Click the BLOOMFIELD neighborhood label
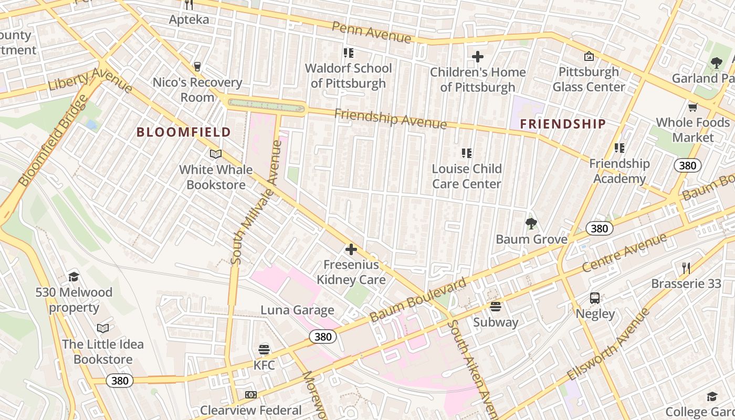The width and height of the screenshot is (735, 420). click(184, 132)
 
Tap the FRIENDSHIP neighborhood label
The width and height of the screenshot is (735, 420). click(563, 124)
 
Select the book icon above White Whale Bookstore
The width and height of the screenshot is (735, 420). click(216, 154)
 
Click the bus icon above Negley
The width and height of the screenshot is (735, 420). click(595, 298)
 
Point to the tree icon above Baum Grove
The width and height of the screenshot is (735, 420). click(531, 224)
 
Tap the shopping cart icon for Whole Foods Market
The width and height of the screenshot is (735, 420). click(692, 107)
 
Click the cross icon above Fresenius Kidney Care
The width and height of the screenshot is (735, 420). click(351, 249)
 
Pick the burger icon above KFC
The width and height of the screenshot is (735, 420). click(264, 349)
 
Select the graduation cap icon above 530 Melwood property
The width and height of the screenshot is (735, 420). click(73, 277)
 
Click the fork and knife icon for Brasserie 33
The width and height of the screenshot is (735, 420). click(686, 268)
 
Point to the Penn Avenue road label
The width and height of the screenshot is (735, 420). click(372, 32)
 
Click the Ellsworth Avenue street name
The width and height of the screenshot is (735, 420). click(608, 345)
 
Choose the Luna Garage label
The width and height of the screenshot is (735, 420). click(297, 310)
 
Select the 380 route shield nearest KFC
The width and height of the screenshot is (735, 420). click(322, 337)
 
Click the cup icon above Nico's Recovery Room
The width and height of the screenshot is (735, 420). click(197, 67)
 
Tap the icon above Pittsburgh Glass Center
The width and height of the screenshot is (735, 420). click(589, 56)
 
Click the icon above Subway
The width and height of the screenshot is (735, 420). click(496, 307)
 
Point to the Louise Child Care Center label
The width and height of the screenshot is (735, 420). click(466, 176)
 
